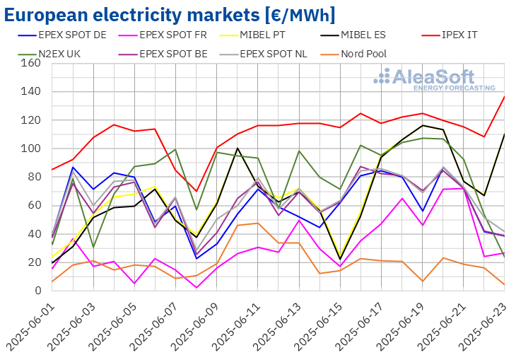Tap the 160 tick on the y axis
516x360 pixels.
[x=30, y=63]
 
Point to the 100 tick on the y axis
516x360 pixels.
[x=30, y=149]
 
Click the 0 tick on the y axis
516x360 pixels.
[x=35, y=291]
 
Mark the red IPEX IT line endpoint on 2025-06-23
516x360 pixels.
[x=505, y=96]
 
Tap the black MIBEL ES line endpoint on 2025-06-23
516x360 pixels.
[x=505, y=134]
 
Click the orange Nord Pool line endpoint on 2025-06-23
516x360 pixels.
[x=505, y=285]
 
